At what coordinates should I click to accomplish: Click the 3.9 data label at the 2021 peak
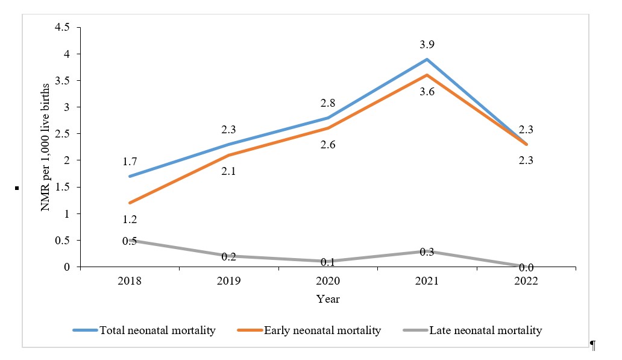coord(427,45)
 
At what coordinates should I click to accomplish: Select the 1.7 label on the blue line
coord(130,161)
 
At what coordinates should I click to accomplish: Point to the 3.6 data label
coord(427,91)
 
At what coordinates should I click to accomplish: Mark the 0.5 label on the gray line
coord(130,241)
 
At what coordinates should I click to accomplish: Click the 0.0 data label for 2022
coord(526,268)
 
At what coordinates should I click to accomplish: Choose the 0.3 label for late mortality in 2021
coord(427,252)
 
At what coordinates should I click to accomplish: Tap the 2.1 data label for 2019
coord(229,172)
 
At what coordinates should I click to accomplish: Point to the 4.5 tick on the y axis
coord(62,28)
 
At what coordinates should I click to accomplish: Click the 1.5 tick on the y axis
coord(62,187)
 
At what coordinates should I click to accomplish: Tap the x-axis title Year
coord(328,299)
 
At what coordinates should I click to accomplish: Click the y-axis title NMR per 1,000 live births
coord(45,147)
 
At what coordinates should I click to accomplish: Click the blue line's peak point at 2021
coord(427,59)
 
